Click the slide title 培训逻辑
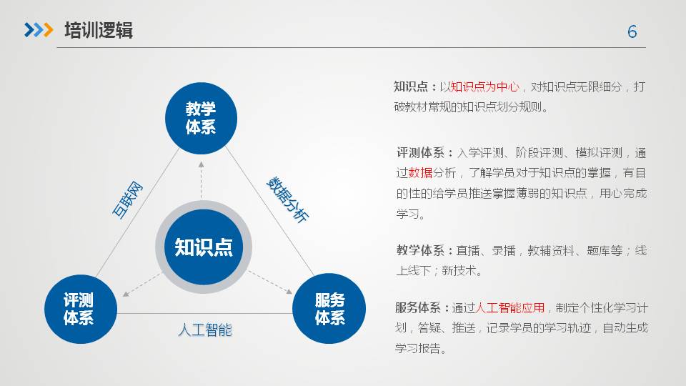(x=99, y=30)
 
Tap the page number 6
(x=632, y=31)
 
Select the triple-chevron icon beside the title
(x=39, y=30)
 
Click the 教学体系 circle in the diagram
(x=201, y=118)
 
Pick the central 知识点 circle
(x=204, y=247)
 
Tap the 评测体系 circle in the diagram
(x=81, y=309)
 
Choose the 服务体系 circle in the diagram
(x=329, y=309)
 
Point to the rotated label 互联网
(x=127, y=199)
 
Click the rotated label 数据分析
(x=287, y=199)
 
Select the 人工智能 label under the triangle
(x=205, y=330)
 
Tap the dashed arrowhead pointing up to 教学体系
(x=202, y=164)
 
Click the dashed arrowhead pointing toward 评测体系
(x=126, y=294)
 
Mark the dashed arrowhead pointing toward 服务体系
(x=289, y=291)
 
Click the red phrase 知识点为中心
(x=484, y=86)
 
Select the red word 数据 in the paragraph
(x=420, y=173)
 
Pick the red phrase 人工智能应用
(x=509, y=307)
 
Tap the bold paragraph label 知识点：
(x=416, y=86)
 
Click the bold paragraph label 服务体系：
(x=422, y=307)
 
